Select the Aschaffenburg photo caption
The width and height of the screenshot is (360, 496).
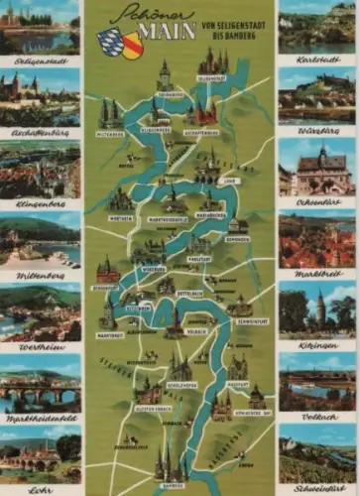(40, 131)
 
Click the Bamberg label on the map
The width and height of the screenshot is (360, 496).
(173, 486)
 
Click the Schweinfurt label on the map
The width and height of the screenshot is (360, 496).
(253, 321)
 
